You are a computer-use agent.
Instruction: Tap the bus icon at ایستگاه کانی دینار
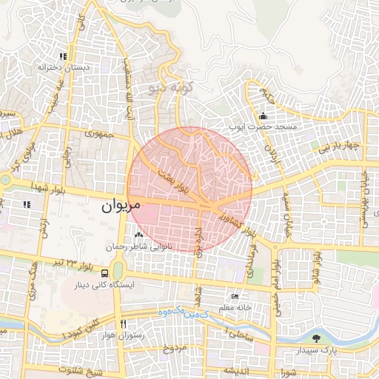104,273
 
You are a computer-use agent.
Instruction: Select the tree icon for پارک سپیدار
317,338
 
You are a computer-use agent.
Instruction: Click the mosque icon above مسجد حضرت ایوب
263,116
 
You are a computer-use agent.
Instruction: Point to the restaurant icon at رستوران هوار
124,323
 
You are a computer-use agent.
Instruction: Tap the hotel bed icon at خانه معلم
235,295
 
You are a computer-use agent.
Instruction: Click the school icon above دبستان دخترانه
64,56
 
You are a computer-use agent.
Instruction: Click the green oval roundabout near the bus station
118,272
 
